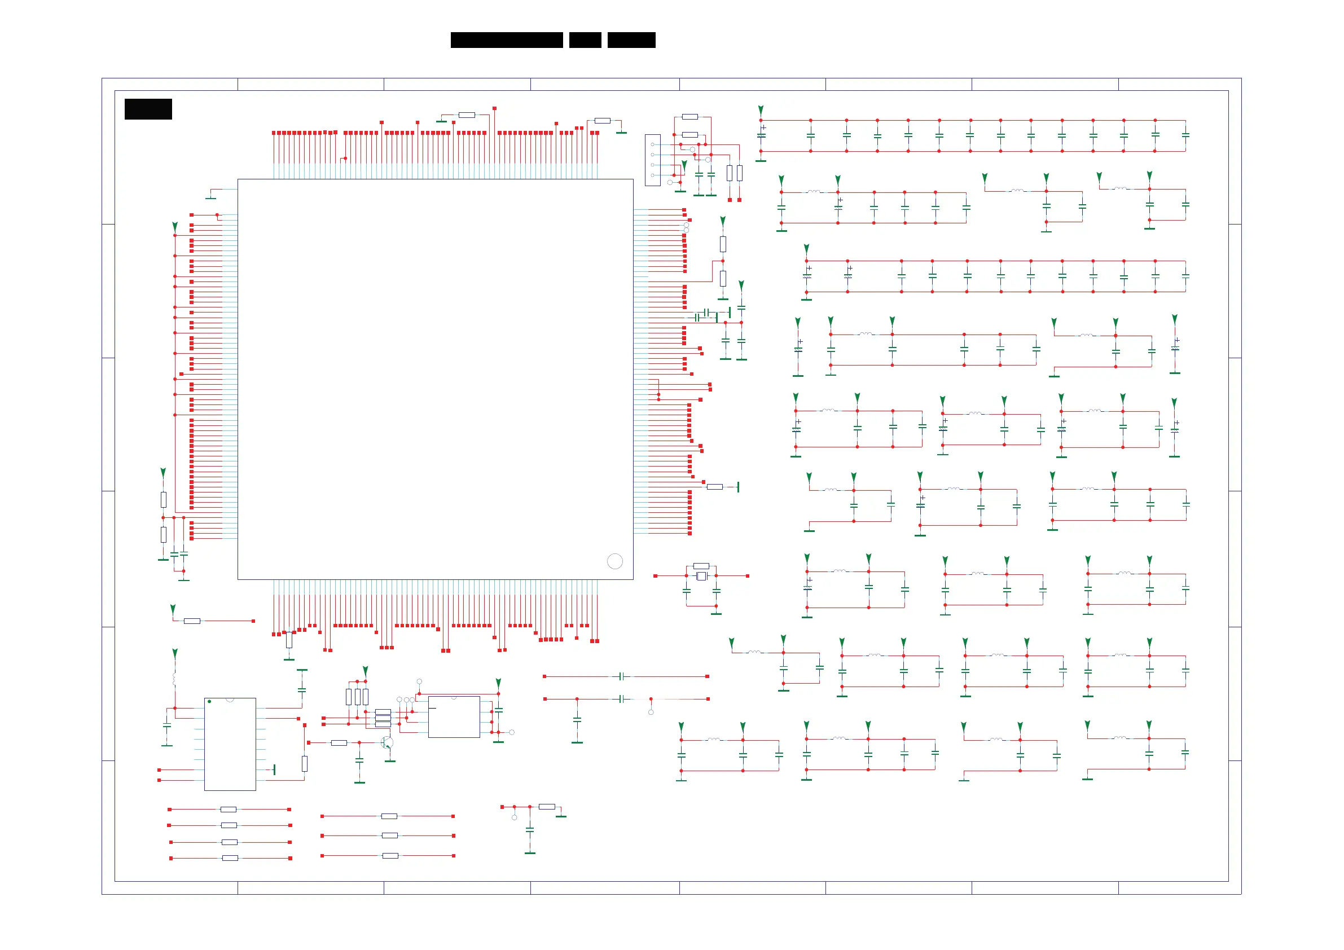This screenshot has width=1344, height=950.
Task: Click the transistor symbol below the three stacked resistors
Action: pyautogui.click(x=387, y=743)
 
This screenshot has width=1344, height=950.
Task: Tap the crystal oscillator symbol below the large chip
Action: pyautogui.click(x=701, y=577)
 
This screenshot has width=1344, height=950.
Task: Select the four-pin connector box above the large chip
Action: pyautogui.click(x=653, y=160)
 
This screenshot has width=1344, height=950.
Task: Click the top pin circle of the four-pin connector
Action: pyautogui.click(x=653, y=144)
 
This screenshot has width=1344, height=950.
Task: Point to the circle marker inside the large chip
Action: pyautogui.click(x=614, y=561)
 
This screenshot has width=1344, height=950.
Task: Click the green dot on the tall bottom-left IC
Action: pyautogui.click(x=209, y=701)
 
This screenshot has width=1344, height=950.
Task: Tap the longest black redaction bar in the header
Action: pyautogui.click(x=506, y=40)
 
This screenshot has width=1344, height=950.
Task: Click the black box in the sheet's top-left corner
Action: pyautogui.click(x=148, y=109)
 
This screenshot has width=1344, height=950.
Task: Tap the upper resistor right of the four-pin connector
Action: pyautogui.click(x=689, y=117)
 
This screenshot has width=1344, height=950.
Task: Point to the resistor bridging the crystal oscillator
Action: pyautogui.click(x=701, y=566)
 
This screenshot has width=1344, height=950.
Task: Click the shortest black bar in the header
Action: pyautogui.click(x=585, y=40)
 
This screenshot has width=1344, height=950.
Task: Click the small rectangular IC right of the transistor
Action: pyautogui.click(x=454, y=717)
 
